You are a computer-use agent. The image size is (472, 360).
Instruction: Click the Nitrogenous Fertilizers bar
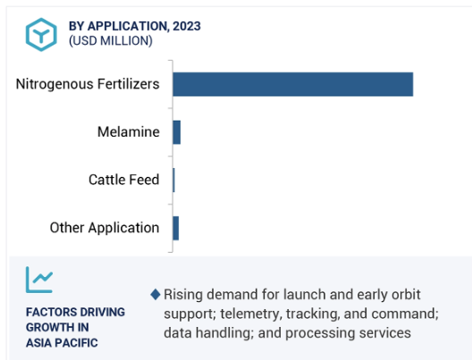[x=293, y=84]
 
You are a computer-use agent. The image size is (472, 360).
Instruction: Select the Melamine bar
[x=177, y=132]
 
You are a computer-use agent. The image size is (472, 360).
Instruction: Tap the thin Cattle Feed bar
[x=173, y=180]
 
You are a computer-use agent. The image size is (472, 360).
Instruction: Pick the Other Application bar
[x=176, y=229]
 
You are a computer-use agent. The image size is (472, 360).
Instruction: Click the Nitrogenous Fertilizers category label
[x=88, y=84]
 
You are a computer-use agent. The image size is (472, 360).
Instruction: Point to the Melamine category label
[x=129, y=132]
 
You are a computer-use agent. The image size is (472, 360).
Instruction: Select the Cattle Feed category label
[x=123, y=180]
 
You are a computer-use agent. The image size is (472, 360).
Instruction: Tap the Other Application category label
[x=105, y=228]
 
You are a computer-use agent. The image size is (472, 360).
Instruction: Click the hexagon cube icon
[x=41, y=35]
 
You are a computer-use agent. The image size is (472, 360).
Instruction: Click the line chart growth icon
[x=39, y=280]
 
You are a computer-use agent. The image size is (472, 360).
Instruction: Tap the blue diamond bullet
[x=156, y=295]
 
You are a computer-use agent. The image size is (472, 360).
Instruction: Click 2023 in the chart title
[x=187, y=26]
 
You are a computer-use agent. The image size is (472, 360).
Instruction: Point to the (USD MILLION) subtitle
[x=111, y=40]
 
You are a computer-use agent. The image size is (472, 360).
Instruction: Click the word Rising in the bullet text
[x=182, y=295]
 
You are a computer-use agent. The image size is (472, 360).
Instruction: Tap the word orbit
[x=406, y=295]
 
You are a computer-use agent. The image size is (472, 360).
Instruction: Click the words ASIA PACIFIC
[x=62, y=343]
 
